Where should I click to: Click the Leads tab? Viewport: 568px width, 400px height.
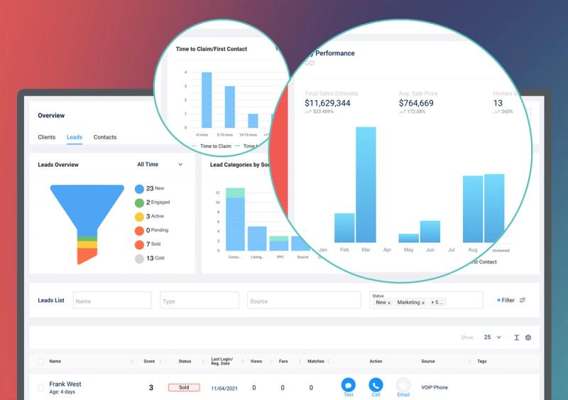click(75, 137)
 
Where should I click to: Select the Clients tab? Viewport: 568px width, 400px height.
click(47, 137)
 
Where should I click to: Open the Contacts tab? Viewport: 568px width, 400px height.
click(105, 137)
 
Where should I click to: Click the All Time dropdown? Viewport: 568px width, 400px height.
click(160, 164)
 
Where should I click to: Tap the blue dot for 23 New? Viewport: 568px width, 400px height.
click(139, 189)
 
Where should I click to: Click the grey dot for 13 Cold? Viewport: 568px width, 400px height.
click(139, 259)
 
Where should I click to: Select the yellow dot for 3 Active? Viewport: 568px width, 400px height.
click(139, 217)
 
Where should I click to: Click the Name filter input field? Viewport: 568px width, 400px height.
click(112, 301)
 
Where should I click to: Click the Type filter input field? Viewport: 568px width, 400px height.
click(200, 301)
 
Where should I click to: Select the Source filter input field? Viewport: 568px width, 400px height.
click(287, 301)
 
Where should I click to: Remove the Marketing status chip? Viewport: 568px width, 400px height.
click(423, 303)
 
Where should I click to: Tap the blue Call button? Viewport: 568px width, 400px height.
click(376, 384)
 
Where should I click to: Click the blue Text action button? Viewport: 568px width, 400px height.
click(348, 384)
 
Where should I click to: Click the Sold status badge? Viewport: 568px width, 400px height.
click(184, 388)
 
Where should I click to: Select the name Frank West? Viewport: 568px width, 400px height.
click(65, 384)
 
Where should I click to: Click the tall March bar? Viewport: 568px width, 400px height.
click(366, 185)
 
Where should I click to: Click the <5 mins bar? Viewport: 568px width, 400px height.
click(207, 100)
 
